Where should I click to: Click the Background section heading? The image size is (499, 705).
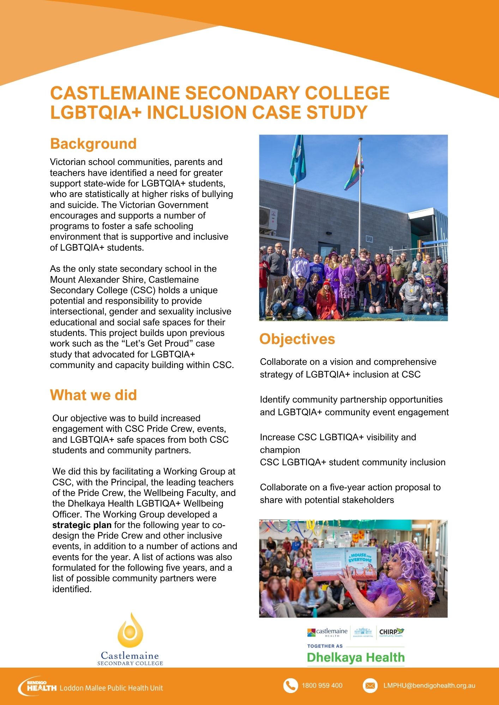[93, 144]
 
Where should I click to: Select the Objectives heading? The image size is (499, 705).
[297, 339]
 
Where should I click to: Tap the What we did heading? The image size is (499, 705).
[93, 395]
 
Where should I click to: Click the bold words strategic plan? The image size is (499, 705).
[82, 525]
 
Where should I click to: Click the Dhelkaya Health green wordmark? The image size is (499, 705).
[356, 657]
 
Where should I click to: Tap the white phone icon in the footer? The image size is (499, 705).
[290, 686]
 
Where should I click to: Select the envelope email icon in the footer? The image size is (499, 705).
[370, 686]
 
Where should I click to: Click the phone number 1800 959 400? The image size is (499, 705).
[322, 686]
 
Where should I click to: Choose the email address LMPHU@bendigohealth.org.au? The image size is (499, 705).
[429, 686]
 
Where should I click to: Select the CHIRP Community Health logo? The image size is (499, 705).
[391, 632]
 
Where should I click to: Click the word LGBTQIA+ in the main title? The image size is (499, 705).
[96, 112]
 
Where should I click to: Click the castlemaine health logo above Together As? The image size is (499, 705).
[327, 632]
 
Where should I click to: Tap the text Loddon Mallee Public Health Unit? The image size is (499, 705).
[111, 688]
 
